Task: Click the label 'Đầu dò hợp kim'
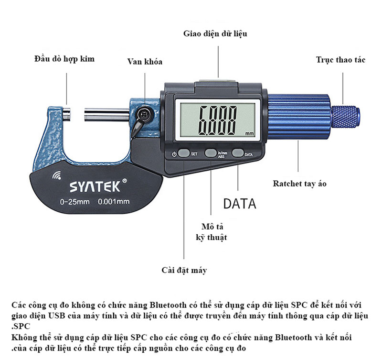pos(64,59)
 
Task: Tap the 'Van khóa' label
pos(144,62)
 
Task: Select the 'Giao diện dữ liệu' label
pos(215,34)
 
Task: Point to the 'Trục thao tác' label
pos(340,60)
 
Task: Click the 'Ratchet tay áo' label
pos(299,184)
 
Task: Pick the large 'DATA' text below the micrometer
pos(240,204)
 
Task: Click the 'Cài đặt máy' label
pos(184,271)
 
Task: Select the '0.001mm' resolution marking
pos(114,201)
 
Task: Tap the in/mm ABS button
pos(211,153)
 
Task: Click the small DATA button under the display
pos(238,153)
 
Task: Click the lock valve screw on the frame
pos(144,113)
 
